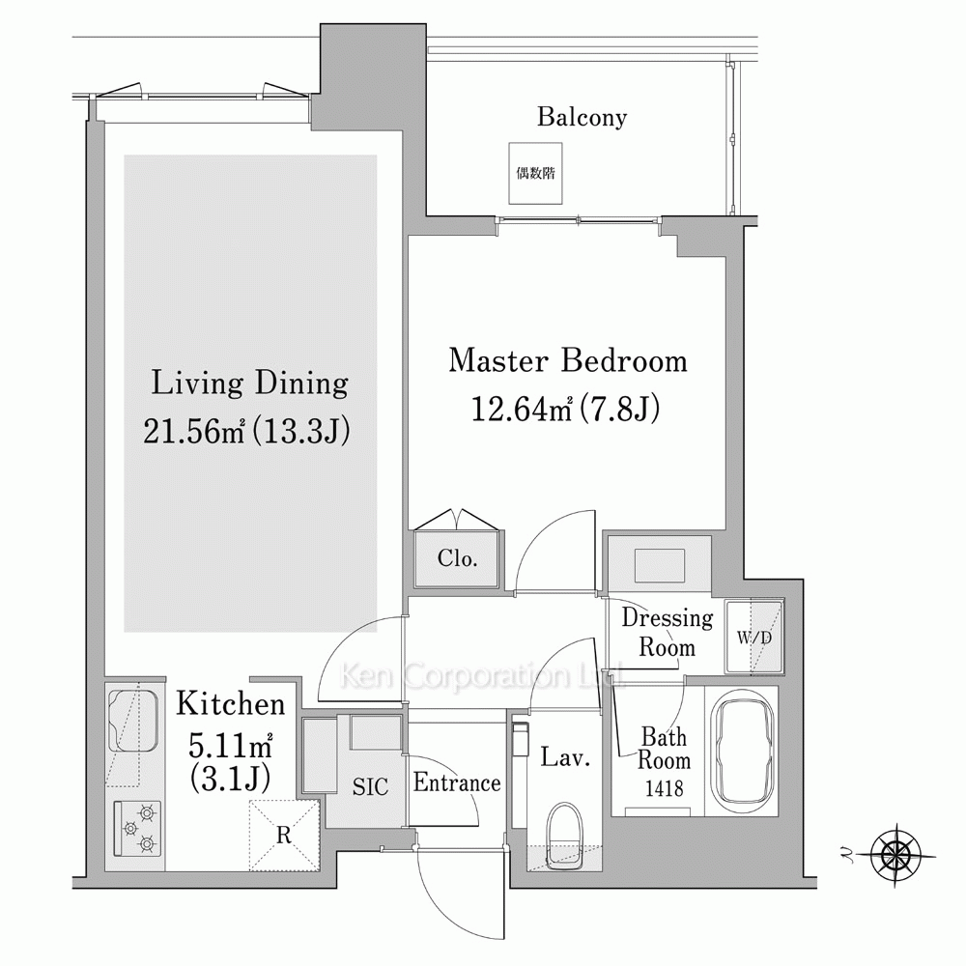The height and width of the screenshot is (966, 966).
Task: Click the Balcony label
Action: (582, 117)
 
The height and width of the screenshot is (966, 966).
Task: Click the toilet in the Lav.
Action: (564, 836)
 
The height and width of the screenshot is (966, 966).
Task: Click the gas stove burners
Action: (138, 829)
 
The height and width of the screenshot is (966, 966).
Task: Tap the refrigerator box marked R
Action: (284, 835)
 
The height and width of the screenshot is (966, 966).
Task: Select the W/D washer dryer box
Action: (754, 637)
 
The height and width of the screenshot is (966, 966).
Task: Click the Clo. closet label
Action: (458, 558)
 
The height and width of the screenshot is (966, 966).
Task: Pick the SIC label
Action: (370, 786)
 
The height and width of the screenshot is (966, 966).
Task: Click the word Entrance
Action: (457, 782)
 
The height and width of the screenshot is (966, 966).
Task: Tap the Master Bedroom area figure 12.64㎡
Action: (523, 409)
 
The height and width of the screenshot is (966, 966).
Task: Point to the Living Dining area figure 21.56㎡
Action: (195, 431)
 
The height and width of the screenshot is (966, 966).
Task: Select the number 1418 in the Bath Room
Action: (665, 788)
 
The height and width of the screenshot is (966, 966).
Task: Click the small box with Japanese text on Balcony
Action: (535, 173)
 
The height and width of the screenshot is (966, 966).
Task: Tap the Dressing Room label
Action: (668, 632)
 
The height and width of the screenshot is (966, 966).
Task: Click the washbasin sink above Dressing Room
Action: (659, 565)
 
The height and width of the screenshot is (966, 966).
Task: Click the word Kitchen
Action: (231, 704)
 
